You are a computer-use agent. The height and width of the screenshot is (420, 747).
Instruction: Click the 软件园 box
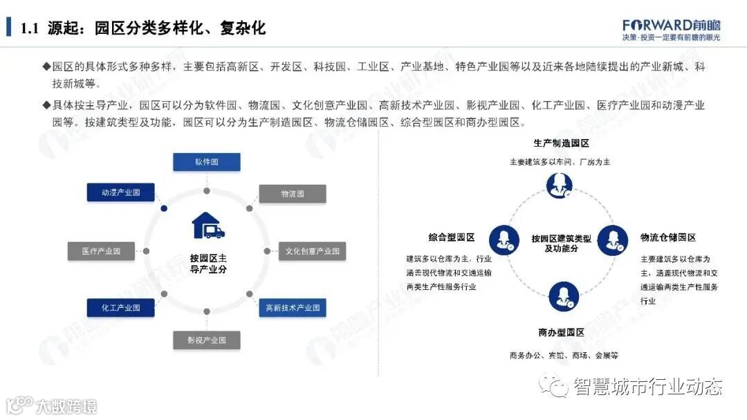point(206,162)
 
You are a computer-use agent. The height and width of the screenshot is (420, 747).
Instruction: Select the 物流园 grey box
point(292,194)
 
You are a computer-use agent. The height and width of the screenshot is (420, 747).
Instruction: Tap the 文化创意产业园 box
point(312,251)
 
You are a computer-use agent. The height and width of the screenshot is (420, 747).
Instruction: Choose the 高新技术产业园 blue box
point(292,308)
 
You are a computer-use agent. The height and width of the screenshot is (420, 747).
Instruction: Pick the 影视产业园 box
point(206,340)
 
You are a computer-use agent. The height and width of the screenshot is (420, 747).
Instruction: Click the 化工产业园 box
point(120,308)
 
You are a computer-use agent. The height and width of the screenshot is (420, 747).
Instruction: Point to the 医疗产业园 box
point(101,251)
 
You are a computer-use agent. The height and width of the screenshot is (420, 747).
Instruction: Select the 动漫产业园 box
point(120,192)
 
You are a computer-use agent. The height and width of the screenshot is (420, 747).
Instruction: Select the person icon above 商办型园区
point(564,295)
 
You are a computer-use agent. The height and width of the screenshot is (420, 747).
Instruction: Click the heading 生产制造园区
point(561,143)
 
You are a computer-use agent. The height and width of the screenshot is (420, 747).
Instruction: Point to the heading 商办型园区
point(561,333)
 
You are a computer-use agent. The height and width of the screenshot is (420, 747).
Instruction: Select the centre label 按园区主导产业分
point(208,263)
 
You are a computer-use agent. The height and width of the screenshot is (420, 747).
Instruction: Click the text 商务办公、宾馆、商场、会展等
point(563,356)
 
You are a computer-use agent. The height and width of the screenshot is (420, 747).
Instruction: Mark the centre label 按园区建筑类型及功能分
point(561,243)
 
